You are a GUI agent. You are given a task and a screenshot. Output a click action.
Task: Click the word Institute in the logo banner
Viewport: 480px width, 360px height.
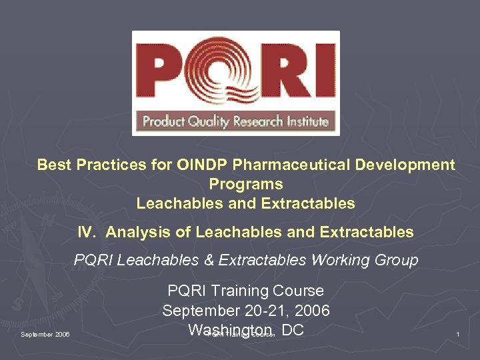tap(305, 121)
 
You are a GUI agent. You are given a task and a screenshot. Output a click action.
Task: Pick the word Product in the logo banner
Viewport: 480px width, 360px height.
tap(162, 121)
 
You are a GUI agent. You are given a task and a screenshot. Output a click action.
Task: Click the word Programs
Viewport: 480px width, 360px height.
tap(246, 184)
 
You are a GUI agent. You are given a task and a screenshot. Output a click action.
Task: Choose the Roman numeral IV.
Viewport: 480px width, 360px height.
tap(85, 232)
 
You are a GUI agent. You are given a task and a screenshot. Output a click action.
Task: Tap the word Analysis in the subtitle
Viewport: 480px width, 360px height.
tap(135, 232)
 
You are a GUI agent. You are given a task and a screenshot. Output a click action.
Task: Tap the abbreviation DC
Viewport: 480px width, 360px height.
tap(293, 330)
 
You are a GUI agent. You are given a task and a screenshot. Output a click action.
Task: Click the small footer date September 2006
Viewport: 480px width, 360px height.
tap(45, 334)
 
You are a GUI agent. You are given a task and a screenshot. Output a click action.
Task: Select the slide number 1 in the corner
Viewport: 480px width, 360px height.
tap(458, 333)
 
